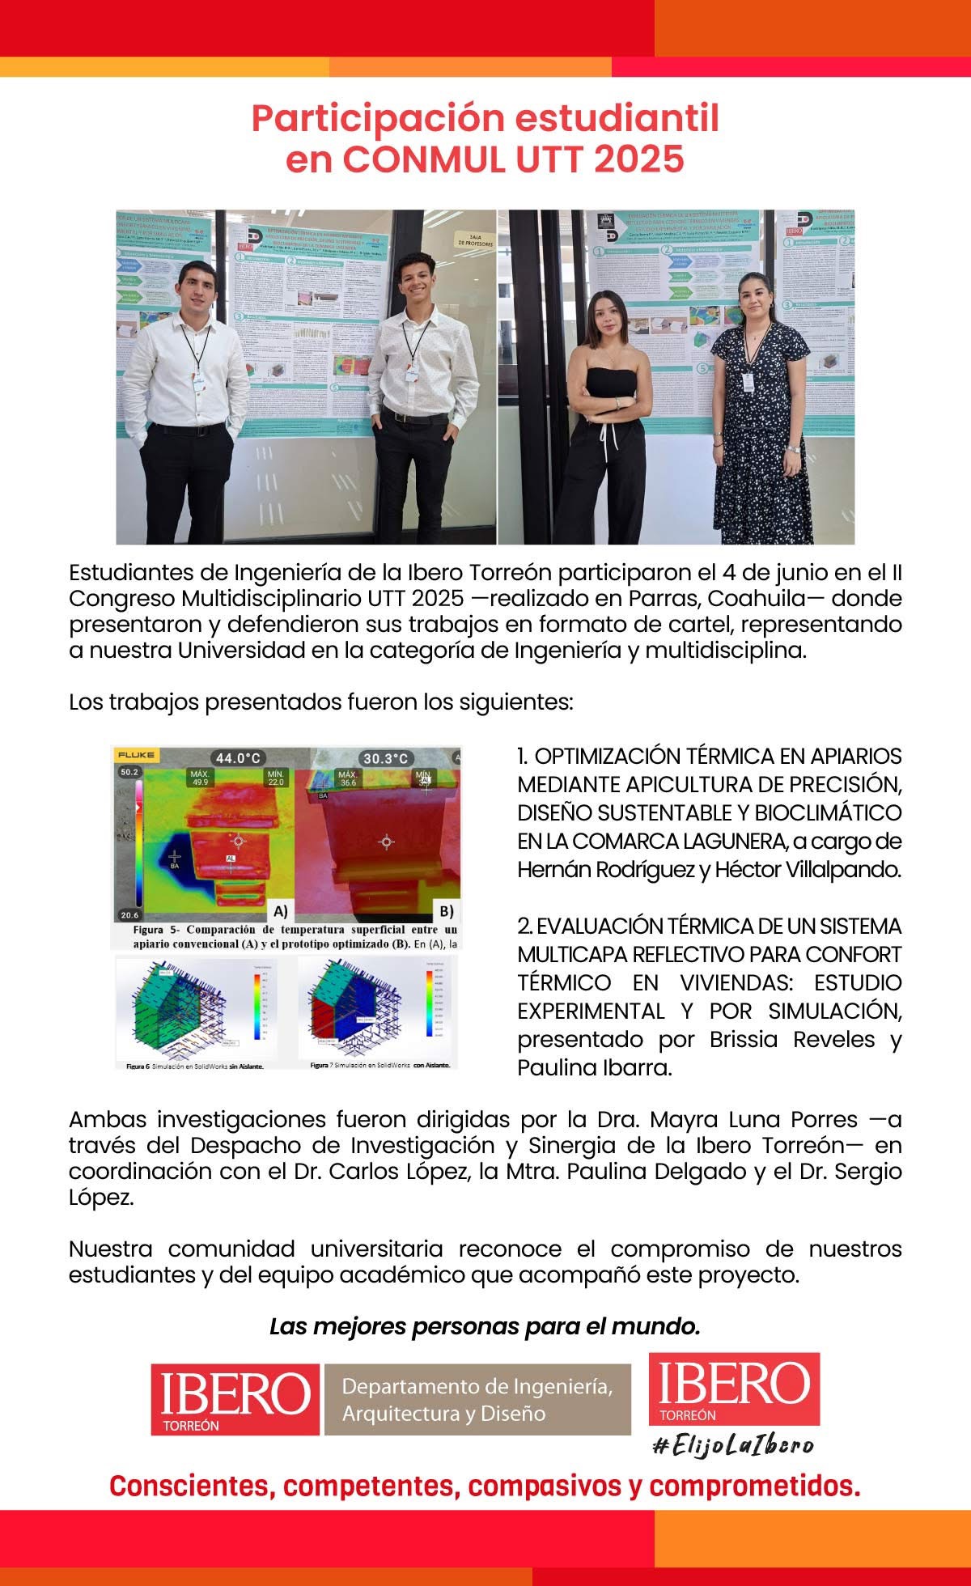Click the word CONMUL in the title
tap(422, 159)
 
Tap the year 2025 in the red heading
tap(639, 159)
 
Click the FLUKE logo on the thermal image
tap(136, 755)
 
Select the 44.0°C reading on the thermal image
tap(237, 758)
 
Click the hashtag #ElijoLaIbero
tap(733, 1445)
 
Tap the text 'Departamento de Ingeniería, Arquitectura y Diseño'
tap(477, 1400)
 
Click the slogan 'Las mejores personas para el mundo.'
tap(485, 1327)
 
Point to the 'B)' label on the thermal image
tap(446, 910)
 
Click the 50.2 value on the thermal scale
tap(129, 772)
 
